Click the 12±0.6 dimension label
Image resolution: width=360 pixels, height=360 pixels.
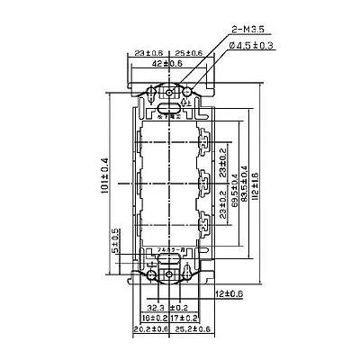pyautogui.click(x=229, y=293)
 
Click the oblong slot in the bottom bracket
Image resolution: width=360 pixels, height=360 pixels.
pyautogui.click(x=167, y=265)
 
